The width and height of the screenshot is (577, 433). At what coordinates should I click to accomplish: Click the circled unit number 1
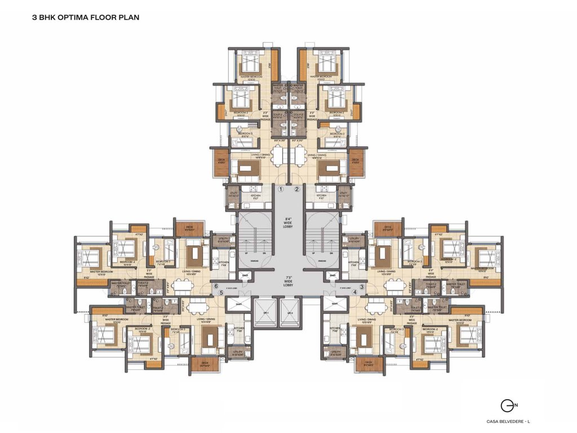280,189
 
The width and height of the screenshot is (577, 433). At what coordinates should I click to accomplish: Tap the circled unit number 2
297,189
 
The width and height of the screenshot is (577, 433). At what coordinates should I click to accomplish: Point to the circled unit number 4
355,293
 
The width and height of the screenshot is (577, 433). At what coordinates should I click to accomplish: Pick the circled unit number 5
221,293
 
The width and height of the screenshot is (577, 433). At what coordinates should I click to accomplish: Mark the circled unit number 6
216,286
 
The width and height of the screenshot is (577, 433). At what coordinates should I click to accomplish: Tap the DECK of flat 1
221,161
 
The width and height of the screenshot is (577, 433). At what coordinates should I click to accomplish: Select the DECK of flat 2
356,161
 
